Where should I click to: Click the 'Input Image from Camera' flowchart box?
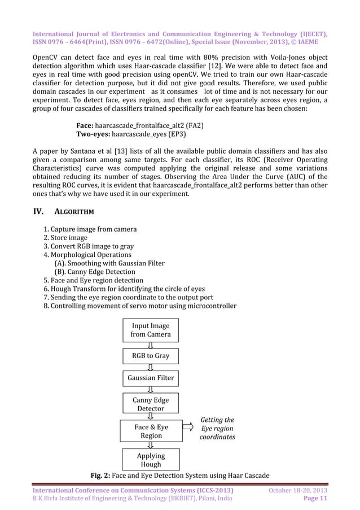pos(151,330)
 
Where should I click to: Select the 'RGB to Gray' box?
pos(151,356)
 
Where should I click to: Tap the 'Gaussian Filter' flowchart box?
pos(151,378)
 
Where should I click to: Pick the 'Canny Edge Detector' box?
pos(151,404)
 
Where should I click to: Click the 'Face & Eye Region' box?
pos(151,431)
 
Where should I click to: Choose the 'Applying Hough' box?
pos(151,460)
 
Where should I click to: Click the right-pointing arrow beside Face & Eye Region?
pos(191,431)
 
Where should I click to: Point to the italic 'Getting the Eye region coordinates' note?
pos(217,428)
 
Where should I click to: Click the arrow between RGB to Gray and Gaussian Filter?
pos(151,367)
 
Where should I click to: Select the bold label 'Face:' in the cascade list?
pos(85,125)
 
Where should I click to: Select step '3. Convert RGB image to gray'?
pos(89,246)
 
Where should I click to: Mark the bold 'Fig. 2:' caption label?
pos(103,474)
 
